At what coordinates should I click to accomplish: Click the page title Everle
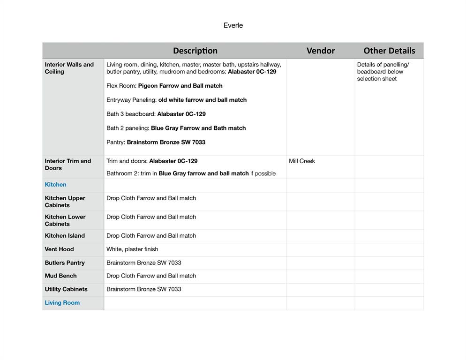coord(233,26)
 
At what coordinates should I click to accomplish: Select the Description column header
coord(195,51)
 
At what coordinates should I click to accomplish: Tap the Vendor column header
coord(321,51)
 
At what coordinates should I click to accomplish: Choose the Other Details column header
coord(389,51)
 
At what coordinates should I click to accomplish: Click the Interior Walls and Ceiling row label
coord(69,68)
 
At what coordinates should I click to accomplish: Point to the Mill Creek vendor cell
coord(302,161)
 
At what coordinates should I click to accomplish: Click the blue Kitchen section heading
coord(55,185)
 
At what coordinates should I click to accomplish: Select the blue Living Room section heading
coord(62,303)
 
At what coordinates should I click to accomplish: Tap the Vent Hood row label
coord(59,249)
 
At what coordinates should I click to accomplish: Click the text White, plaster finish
coord(132,249)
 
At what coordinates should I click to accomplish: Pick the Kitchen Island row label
coord(65,236)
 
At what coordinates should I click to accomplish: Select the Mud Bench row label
coord(60,276)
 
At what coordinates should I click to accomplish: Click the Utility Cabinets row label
coord(66,289)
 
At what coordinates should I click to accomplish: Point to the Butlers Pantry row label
coord(65,263)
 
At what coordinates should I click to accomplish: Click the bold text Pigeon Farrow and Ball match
coord(180,86)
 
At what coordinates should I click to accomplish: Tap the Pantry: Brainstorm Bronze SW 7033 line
coord(156,142)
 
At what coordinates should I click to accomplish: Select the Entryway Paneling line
coord(176,100)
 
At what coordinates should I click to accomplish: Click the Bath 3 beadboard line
coord(156,114)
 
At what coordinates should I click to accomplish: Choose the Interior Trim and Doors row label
coord(68,165)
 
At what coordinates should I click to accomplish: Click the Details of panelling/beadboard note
coord(383,72)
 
